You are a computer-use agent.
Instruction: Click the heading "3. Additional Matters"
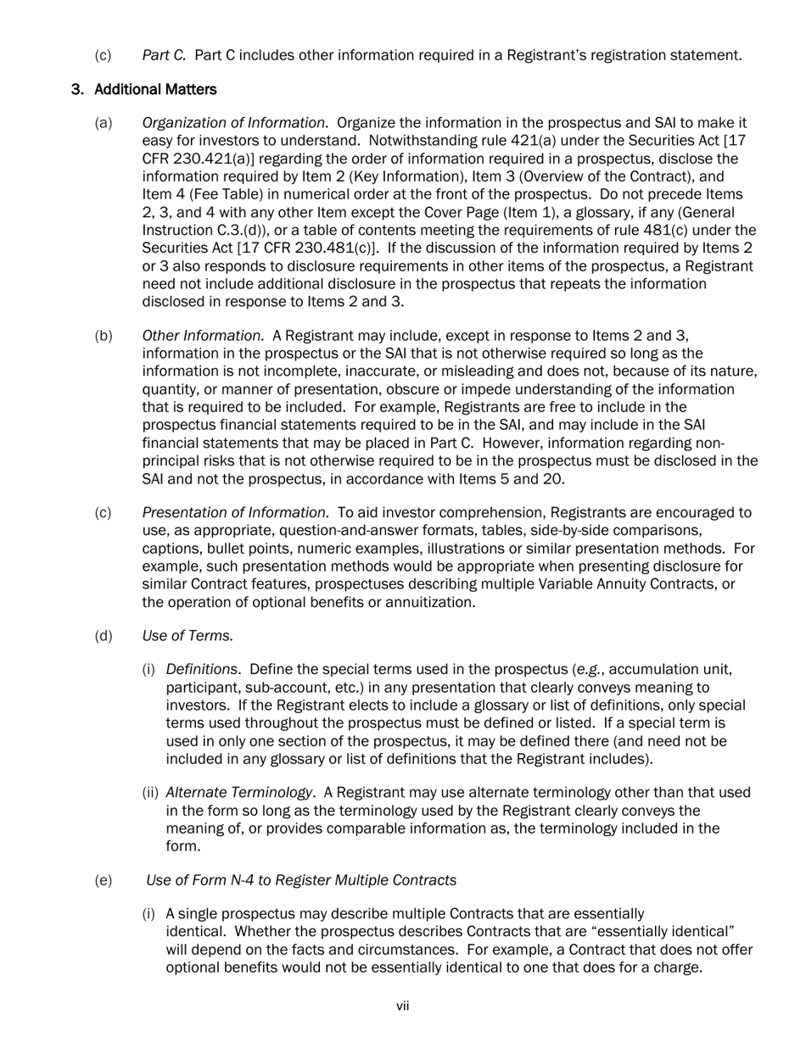click(143, 89)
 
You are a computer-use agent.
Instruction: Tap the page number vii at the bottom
click(402, 1006)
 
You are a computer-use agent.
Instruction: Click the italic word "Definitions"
click(201, 669)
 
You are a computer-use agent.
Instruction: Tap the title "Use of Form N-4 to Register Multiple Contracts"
click(301, 880)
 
